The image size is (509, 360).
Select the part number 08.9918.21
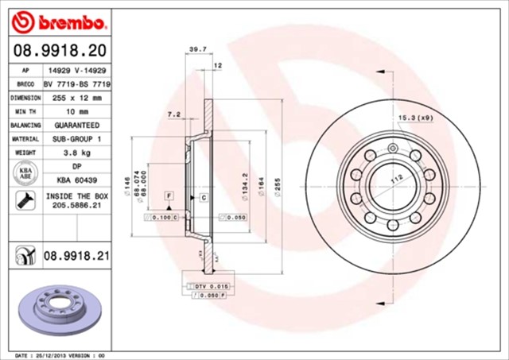click(75, 257)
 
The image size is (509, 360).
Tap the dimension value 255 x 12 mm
click(77, 98)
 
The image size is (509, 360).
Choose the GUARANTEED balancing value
click(77, 126)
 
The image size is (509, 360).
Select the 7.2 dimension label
click(173, 114)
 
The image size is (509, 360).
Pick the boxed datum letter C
click(203, 195)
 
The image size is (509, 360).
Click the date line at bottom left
click(60, 355)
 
